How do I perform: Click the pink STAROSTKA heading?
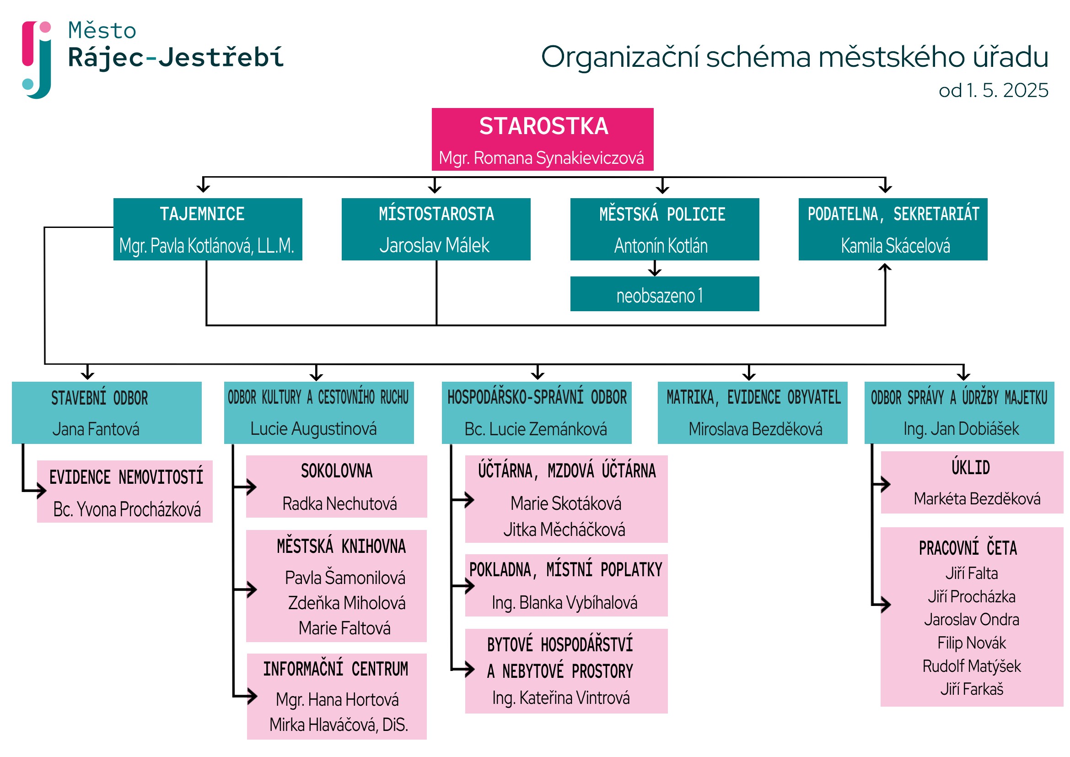click(x=543, y=126)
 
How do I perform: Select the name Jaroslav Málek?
click(x=434, y=245)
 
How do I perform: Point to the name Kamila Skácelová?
click(x=895, y=246)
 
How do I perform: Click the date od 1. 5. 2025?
click(x=993, y=91)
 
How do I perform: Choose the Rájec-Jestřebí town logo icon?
click(x=37, y=59)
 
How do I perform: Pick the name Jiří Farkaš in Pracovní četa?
click(x=971, y=689)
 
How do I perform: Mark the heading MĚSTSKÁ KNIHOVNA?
click(x=341, y=546)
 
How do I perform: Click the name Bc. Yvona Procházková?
click(x=127, y=509)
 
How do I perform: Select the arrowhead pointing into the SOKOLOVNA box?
click(x=252, y=487)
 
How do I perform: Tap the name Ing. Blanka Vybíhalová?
click(x=565, y=603)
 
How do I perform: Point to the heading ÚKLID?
click(x=970, y=468)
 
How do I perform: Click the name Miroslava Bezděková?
click(x=755, y=429)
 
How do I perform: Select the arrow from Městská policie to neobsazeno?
click(x=655, y=269)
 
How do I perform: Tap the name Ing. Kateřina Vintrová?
click(x=561, y=698)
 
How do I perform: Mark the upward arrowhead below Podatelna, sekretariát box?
click(x=885, y=268)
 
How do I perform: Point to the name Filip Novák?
click(x=971, y=643)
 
